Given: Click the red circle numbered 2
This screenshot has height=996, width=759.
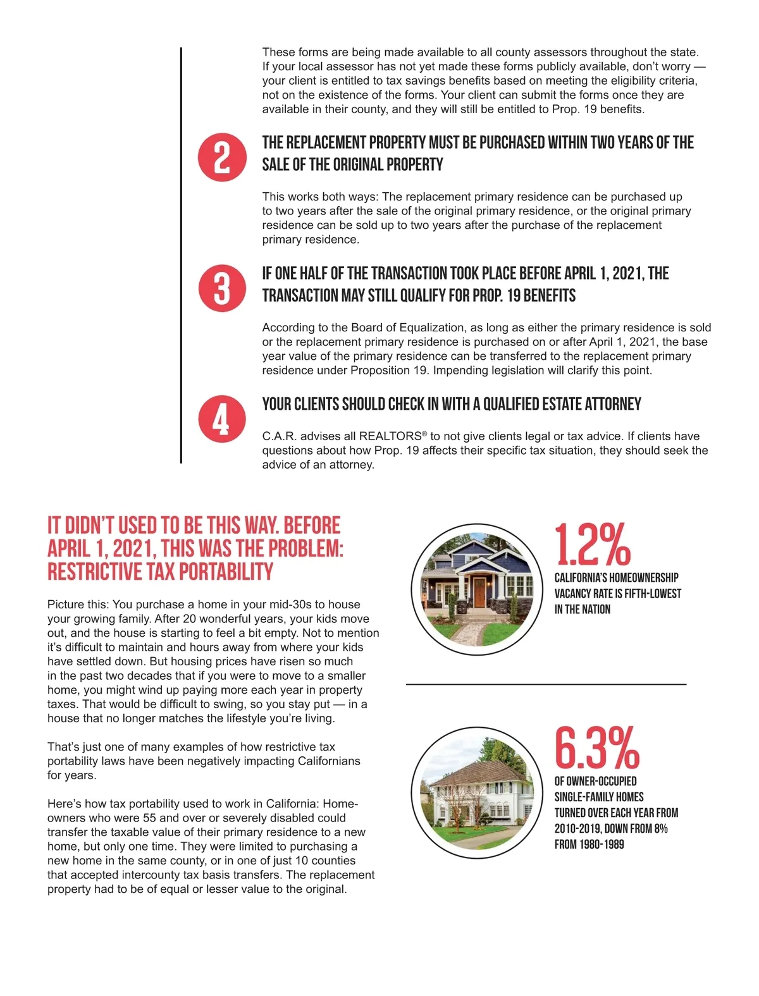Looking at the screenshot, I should coord(221,157).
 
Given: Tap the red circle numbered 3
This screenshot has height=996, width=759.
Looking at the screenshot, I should coord(221,288).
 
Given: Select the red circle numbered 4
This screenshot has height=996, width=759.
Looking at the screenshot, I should coord(221,419).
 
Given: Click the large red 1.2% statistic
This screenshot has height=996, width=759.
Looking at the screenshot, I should coord(593,545).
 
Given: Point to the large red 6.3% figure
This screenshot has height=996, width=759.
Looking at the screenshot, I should coord(596,748).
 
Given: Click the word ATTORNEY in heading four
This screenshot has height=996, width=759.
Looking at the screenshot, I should coord(613,404).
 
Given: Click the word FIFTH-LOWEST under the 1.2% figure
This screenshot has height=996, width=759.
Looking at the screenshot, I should coord(653,594).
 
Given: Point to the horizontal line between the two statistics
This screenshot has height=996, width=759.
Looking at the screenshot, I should coord(546,684).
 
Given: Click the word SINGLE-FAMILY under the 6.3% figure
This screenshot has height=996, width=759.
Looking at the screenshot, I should coord(598,797).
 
